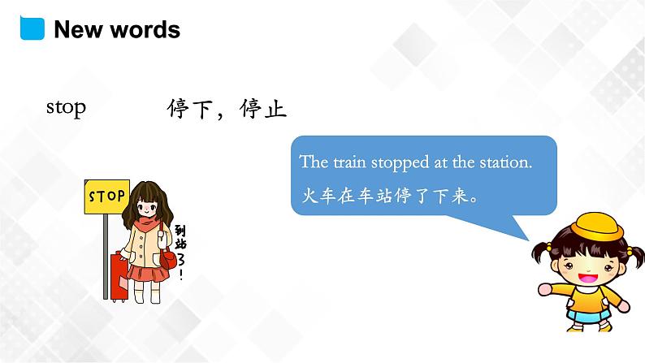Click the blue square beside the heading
30,28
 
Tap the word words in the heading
145,30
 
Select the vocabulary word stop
66,107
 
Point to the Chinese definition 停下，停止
227,109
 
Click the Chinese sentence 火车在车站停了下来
387,197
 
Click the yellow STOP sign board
106,196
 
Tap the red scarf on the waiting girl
147,220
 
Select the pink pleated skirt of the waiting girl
147,270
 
